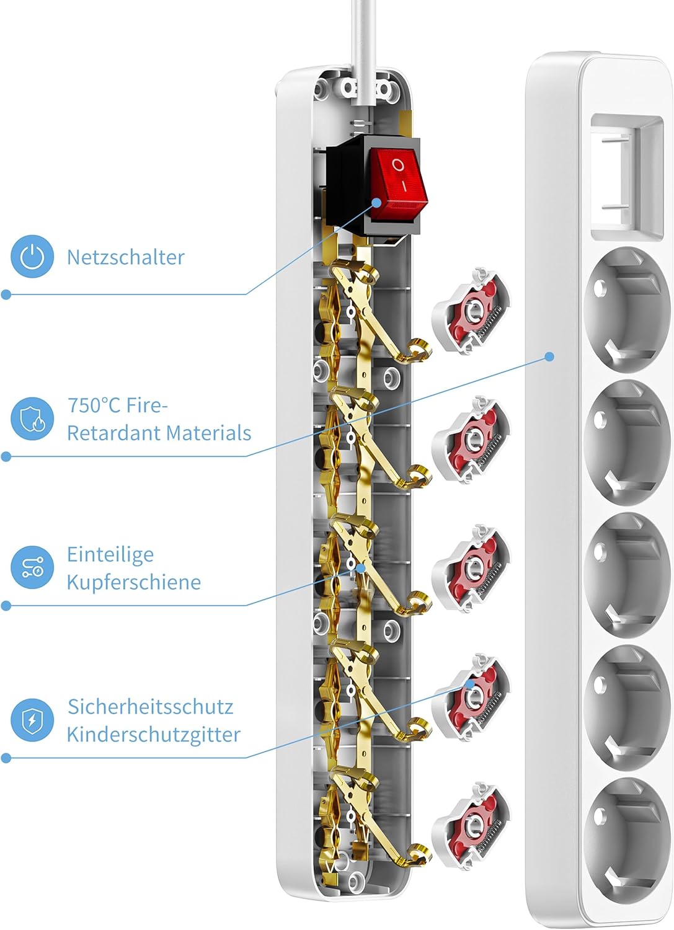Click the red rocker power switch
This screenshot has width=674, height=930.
398,184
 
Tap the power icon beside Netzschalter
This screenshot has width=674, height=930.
32,257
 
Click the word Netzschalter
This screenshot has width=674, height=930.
125,257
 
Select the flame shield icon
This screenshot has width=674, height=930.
32,419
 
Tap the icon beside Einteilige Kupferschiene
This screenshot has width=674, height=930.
32,567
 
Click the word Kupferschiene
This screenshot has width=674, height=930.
133,582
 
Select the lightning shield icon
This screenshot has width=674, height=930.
32,720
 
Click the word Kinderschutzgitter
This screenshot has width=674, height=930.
153,735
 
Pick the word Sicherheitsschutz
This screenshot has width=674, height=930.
150,707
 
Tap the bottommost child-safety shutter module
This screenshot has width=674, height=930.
471,823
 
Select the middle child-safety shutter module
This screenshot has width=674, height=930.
471,568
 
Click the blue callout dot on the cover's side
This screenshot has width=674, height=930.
549,356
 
